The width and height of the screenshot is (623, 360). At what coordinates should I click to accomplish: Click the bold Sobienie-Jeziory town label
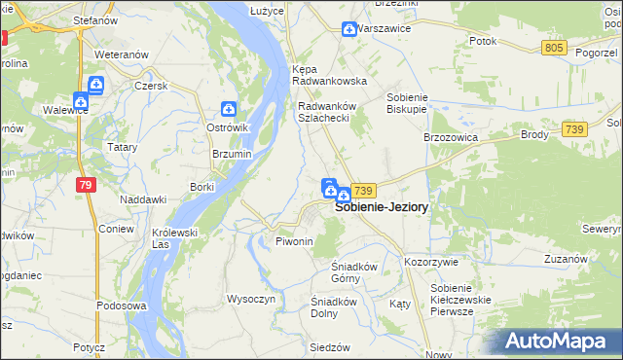pos(382,207)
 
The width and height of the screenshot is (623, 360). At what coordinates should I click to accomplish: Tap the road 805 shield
pos(554,48)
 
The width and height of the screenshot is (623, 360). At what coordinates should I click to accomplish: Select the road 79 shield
pos(87,185)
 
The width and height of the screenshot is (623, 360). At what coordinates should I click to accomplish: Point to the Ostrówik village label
pos(230,128)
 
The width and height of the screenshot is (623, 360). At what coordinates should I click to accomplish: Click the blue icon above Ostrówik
pos(229,110)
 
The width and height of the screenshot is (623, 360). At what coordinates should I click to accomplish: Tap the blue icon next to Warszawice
pos(348,30)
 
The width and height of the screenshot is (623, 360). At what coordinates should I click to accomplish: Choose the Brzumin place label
pos(232,154)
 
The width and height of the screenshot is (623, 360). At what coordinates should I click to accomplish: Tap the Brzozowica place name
pos(449,138)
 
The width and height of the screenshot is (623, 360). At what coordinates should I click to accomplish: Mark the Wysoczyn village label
pos(252,299)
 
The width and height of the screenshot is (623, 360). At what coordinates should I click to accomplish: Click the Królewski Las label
pos(175,238)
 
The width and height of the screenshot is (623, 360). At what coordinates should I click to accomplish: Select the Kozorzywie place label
pos(430,262)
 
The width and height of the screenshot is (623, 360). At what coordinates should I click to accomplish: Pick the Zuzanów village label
pos(566,259)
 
